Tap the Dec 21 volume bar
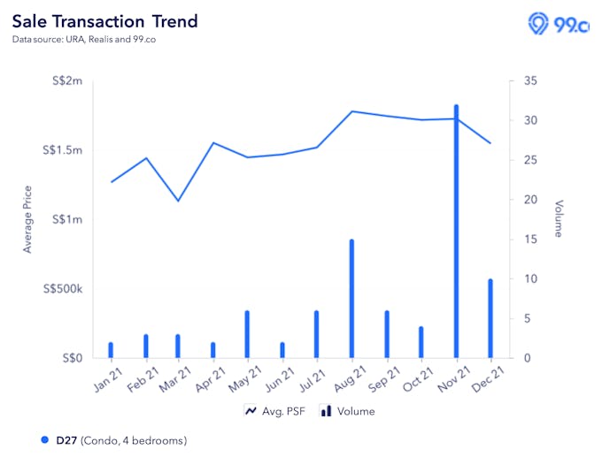(x=490, y=318)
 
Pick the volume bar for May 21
(x=247, y=334)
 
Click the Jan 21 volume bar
(x=111, y=350)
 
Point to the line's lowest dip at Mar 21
(x=178, y=201)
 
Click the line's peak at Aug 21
(x=351, y=111)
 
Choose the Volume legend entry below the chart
(x=347, y=411)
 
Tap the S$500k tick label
(x=61, y=289)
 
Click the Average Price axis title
(x=27, y=219)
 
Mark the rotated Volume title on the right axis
(x=559, y=219)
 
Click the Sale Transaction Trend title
(x=104, y=21)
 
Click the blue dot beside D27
(x=45, y=440)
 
